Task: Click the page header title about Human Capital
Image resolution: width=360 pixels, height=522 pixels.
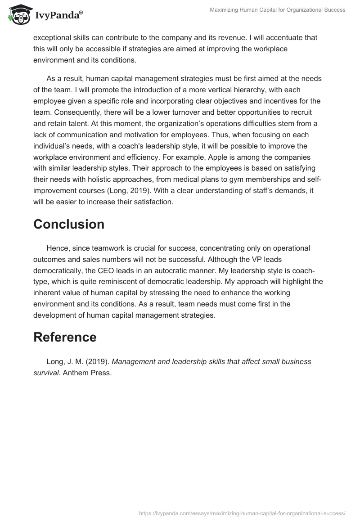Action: point(278,10)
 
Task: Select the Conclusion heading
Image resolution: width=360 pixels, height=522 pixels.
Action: point(69,224)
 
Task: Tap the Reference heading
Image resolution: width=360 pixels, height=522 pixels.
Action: point(65,337)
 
